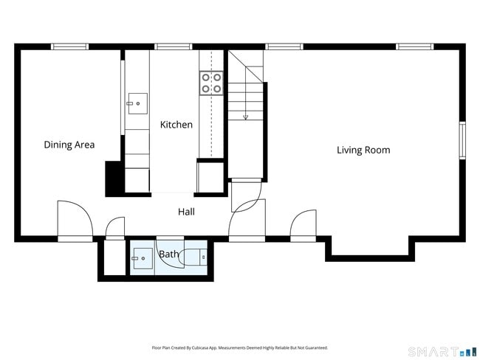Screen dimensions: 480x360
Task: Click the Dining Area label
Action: coord(69,145)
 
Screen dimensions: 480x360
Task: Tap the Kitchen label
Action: coord(176,125)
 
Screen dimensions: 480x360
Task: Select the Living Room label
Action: coord(363,150)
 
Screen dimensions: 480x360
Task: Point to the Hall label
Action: coord(186,212)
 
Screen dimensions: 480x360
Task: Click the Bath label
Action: coord(168,254)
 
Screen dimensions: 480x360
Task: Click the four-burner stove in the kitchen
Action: coord(211,83)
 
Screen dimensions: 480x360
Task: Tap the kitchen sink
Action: coord(138,104)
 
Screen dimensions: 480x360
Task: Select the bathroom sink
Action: coord(143,258)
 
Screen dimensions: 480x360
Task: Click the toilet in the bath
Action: coord(193,257)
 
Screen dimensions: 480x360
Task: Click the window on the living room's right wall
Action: coord(462,140)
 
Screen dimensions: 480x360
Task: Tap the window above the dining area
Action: coord(70,46)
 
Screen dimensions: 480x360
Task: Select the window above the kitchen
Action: coord(174,46)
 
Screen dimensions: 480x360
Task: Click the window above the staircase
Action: coord(284,46)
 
